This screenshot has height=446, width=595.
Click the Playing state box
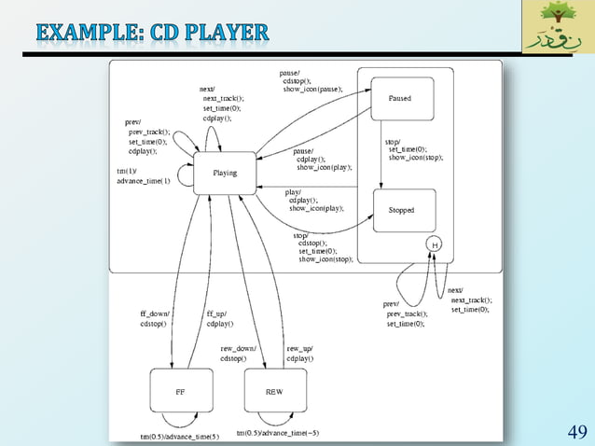point(225,173)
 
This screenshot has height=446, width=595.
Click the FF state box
point(180,392)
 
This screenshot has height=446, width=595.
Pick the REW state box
point(274,392)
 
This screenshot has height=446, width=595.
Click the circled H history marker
point(434,244)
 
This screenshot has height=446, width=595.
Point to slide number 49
point(576,431)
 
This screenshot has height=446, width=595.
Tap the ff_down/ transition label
point(155,314)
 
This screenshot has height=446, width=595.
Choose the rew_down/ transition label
point(238,348)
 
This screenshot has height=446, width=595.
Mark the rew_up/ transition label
point(298,348)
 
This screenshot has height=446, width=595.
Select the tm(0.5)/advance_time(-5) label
point(277,433)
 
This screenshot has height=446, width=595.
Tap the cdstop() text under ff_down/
point(154,325)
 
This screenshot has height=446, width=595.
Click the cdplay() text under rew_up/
point(300,358)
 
